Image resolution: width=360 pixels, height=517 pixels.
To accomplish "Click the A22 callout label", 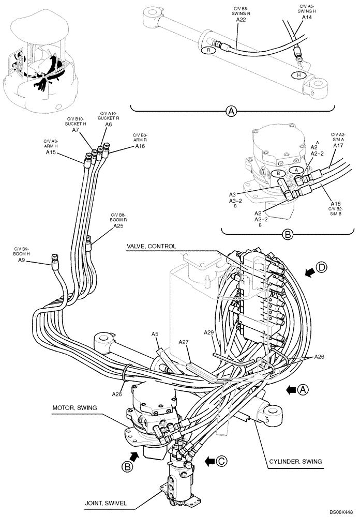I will [241, 19].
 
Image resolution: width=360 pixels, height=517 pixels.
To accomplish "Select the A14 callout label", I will [307, 17].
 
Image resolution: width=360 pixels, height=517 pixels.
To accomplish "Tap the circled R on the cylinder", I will [208, 51].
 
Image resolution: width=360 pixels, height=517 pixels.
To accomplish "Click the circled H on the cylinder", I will [297, 75].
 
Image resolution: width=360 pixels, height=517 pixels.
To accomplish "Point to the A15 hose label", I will [51, 153].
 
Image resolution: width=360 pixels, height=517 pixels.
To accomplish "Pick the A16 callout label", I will [140, 146].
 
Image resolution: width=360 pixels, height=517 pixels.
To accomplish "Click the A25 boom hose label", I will [118, 225].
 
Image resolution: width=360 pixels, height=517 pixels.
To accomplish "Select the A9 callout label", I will [21, 260].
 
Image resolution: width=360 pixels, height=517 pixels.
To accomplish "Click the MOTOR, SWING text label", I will [75, 407].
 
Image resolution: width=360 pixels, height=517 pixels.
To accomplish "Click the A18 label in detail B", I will [335, 204].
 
